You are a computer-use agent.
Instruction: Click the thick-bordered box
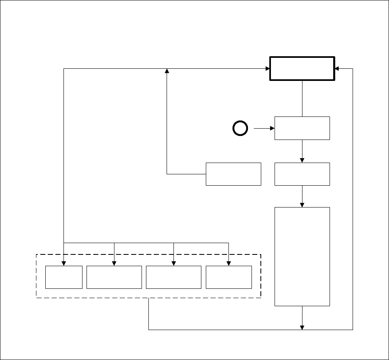(302, 68)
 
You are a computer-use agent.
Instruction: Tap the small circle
(240, 129)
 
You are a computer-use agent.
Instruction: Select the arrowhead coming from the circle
(272, 129)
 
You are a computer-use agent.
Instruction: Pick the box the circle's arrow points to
(302, 128)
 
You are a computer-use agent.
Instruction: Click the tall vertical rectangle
(302, 256)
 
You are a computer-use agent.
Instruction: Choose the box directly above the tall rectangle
(302, 174)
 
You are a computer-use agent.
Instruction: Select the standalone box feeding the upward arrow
(233, 174)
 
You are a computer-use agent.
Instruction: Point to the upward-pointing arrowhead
(167, 71)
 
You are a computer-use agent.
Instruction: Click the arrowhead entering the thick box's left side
(267, 68)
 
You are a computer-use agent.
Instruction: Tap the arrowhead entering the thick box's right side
(337, 68)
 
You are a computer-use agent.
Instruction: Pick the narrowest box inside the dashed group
(64, 277)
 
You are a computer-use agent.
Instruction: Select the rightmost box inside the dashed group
(229, 277)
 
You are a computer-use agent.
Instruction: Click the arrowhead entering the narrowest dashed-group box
(64, 263)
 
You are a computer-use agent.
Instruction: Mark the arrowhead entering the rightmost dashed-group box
(229, 263)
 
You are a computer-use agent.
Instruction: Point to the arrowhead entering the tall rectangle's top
(302, 205)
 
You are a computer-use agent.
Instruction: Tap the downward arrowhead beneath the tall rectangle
(302, 327)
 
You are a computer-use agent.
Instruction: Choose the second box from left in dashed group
(114, 277)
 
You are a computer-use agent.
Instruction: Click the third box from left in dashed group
(173, 277)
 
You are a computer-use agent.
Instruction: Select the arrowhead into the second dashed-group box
(114, 263)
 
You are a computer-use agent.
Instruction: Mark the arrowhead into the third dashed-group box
(173, 263)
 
